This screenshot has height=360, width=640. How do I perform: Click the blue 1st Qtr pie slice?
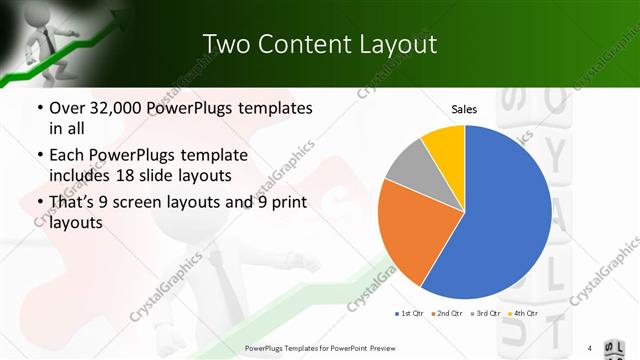click(x=500, y=215)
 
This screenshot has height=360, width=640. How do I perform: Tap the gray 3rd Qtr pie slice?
click(x=407, y=165)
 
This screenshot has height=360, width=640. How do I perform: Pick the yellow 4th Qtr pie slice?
click(x=444, y=145)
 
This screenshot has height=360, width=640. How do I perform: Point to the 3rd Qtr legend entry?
click(x=486, y=313)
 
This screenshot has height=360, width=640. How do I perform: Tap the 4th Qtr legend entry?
click(x=523, y=313)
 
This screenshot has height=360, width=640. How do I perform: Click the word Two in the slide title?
click(x=224, y=45)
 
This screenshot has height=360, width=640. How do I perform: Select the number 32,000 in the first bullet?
click(x=117, y=107)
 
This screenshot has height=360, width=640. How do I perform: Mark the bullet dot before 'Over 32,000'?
click(x=39, y=108)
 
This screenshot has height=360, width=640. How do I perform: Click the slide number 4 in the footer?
click(x=590, y=348)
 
